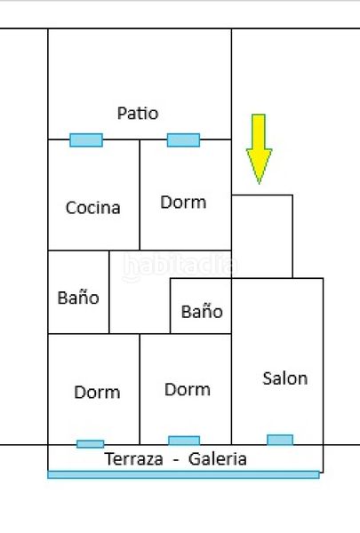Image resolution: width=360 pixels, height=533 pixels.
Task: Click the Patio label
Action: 138,113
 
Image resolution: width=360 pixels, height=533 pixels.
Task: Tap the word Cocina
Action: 93,208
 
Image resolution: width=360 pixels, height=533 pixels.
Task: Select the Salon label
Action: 285,378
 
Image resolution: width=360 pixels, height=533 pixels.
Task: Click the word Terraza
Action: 133,459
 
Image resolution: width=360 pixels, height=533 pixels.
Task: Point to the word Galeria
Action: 218,459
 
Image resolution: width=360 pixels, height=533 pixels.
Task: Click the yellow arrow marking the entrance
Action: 259,149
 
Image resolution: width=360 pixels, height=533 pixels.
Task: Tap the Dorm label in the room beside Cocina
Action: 183,203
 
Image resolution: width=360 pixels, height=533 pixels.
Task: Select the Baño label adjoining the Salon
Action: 202,312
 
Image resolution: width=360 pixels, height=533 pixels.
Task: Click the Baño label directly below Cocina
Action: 78,298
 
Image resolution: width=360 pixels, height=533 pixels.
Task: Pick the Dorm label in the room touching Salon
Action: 188,390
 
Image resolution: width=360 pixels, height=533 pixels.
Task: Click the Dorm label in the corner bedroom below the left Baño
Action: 97,393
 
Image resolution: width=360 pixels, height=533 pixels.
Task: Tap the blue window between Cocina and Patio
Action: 86,140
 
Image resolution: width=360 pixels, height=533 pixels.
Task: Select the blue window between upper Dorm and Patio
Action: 183,140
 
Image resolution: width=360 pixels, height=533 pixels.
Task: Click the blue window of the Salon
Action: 280,440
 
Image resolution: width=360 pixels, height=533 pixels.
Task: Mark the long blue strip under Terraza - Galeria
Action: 183,474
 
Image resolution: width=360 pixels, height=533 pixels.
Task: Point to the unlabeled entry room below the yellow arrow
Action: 262,236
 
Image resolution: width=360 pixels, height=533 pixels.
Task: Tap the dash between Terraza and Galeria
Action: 176,460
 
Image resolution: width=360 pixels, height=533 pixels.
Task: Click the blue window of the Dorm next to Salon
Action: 184,441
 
